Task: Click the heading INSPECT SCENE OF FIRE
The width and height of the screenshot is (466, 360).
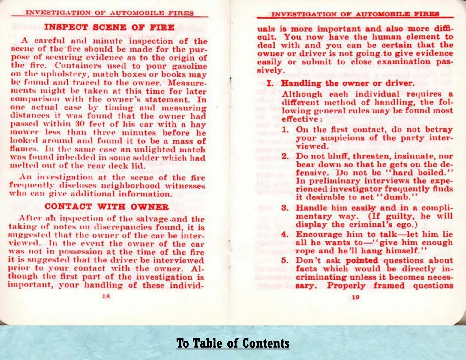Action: [x=109, y=27]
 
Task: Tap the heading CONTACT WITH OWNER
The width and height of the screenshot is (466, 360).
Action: [x=107, y=206]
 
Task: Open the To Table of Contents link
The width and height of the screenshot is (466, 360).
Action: [x=233, y=343]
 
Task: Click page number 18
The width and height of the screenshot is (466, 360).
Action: [x=106, y=296]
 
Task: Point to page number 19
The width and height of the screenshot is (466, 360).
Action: [x=356, y=297]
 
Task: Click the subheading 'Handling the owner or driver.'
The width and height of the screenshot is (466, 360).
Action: [x=348, y=83]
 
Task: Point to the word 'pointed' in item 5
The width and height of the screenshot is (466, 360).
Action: [x=362, y=260]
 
